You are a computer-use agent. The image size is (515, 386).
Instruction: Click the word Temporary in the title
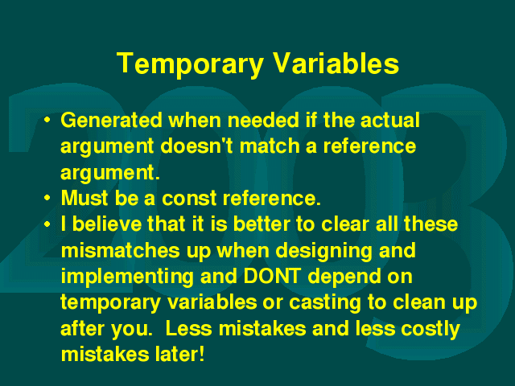[190, 64]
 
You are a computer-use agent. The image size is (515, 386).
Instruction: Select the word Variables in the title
[336, 63]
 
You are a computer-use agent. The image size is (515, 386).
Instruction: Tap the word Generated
[111, 120]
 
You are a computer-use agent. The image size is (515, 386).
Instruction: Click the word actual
[389, 120]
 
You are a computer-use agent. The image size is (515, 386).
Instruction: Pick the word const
[189, 199]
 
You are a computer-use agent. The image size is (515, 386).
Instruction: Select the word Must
[84, 198]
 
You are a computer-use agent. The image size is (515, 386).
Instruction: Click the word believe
[106, 224]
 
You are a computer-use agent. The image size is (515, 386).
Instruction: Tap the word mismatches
[121, 250]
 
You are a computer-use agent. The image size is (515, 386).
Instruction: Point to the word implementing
[127, 277]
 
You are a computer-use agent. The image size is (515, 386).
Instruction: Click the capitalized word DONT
[272, 276]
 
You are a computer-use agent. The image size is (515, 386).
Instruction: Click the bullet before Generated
[47, 120]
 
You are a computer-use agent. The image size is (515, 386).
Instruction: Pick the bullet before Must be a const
[47, 198]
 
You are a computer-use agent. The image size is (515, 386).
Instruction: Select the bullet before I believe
[47, 224]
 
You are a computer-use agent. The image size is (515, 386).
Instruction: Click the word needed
[263, 120]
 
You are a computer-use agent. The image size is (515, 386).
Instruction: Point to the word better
[262, 224]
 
